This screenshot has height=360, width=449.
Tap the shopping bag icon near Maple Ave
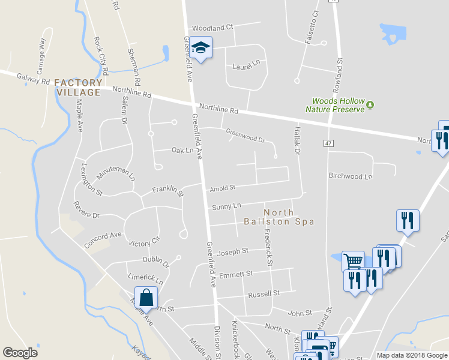[146, 297]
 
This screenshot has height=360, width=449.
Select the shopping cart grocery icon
[353, 261]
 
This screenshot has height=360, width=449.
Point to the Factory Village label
[78, 88]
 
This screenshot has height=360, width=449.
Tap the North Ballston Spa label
[279, 217]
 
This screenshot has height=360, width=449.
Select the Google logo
[20, 353]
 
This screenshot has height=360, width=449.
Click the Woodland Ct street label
[212, 28]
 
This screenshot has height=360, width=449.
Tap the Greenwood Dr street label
[245, 135]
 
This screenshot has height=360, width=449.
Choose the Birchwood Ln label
[351, 176]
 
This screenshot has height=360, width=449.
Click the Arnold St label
[222, 188]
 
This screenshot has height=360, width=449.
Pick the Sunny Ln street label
[226, 206]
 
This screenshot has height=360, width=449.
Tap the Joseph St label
[233, 252]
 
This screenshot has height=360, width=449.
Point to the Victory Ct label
[145, 242]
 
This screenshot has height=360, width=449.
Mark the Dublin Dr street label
[156, 260]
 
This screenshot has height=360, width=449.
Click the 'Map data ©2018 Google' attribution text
[411, 355]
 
